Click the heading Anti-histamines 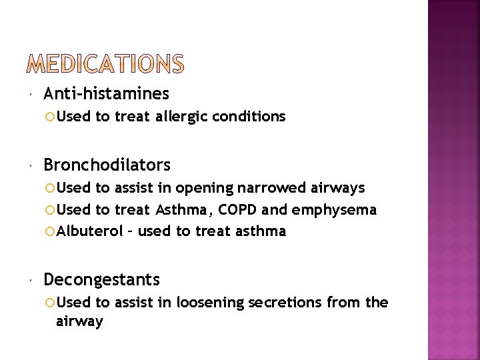(106, 94)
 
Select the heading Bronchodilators (107, 165)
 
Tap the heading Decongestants (101, 279)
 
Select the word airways (339, 189)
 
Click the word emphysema (334, 210)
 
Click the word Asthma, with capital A (181, 210)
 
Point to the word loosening (209, 303)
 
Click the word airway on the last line (79, 321)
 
